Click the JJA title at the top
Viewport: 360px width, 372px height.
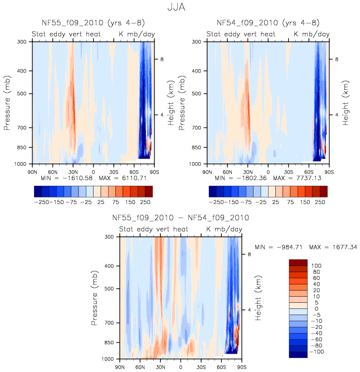tap(180, 8)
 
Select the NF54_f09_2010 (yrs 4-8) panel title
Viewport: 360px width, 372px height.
tap(267, 23)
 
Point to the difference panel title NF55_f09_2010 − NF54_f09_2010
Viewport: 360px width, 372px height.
tap(181, 218)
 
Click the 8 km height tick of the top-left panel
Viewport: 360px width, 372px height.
tap(162, 59)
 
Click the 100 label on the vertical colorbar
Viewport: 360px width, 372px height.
tap(315, 265)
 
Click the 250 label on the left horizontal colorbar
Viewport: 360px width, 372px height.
tap(145, 201)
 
